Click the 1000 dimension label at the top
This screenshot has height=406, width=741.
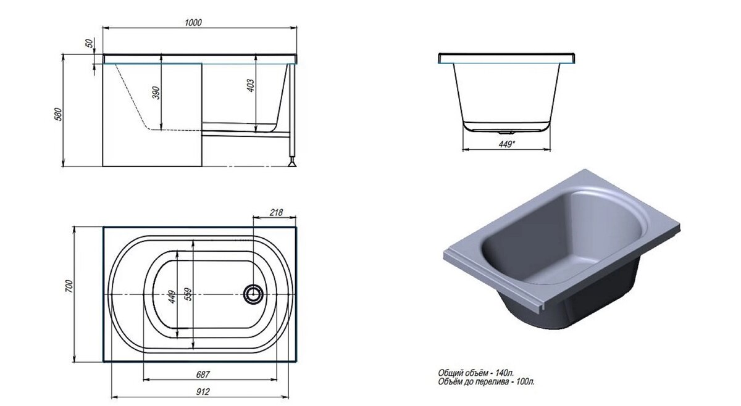click(193, 22)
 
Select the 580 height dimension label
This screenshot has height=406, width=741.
click(58, 114)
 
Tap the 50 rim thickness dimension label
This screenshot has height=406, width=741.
click(90, 43)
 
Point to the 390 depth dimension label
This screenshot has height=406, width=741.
click(156, 93)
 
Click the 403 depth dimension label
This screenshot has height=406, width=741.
click(251, 86)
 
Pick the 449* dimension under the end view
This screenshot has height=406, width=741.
click(506, 144)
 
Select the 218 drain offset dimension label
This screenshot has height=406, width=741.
click(276, 212)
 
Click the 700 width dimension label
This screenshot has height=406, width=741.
click(69, 286)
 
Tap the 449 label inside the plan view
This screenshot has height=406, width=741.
click(172, 297)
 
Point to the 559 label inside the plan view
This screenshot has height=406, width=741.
click(188, 294)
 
